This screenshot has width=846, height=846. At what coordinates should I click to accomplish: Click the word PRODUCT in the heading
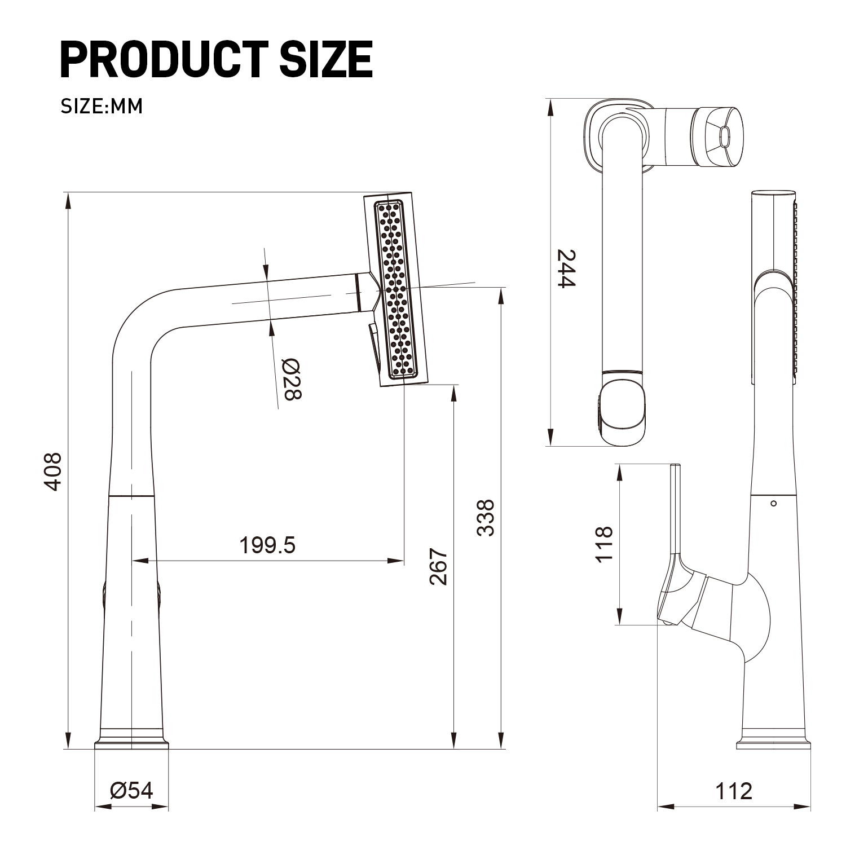[164, 59]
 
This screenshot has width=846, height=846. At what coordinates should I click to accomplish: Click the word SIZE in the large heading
[325, 59]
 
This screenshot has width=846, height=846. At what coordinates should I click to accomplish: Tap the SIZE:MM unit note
[102, 106]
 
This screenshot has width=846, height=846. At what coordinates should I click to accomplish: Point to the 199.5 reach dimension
[267, 545]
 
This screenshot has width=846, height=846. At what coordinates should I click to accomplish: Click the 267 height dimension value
[438, 566]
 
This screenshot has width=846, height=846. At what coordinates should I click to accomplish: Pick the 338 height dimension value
[486, 517]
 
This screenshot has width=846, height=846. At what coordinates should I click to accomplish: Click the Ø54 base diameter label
[132, 791]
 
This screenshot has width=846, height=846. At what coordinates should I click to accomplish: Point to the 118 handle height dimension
[604, 544]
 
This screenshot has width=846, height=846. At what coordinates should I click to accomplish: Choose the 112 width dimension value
[734, 791]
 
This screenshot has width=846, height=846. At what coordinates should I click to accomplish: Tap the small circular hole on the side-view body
[773, 503]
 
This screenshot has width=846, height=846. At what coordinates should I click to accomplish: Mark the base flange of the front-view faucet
[131, 743]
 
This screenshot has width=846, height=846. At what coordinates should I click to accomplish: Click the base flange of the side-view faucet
[774, 744]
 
